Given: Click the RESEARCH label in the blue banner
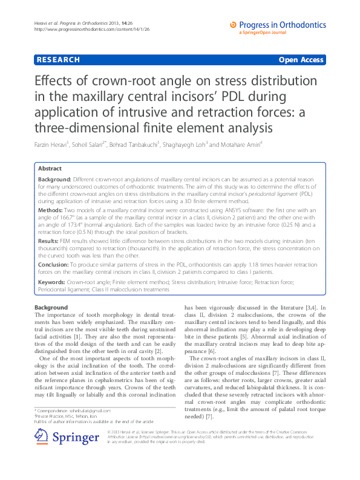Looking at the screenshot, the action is [x=58, y=60].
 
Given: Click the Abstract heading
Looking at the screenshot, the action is [x=50, y=169].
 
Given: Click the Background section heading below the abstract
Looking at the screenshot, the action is [x=51, y=308].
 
